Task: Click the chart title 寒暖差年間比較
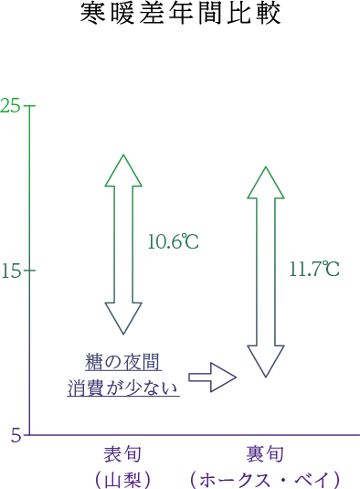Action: tap(180, 14)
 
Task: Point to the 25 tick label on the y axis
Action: tap(10, 106)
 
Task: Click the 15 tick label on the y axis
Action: tap(11, 270)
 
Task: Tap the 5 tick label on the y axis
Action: tap(16, 435)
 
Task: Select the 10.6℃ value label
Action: tap(174, 241)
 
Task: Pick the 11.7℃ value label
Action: tap(314, 269)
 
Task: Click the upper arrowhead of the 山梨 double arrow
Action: tap(123, 170)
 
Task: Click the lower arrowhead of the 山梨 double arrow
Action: tap(123, 318)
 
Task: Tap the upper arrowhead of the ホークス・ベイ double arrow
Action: tap(266, 183)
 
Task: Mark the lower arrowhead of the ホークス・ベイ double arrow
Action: tap(266, 361)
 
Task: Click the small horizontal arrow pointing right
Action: tap(213, 377)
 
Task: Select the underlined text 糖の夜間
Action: tap(123, 362)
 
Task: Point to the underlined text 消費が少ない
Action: tap(123, 388)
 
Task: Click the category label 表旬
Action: tap(122, 454)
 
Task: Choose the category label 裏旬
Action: tap(265, 454)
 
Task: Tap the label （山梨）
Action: tap(122, 480)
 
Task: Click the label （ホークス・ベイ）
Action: tap(265, 480)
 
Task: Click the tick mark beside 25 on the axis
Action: tap(30, 106)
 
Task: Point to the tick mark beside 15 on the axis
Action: tap(30, 270)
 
